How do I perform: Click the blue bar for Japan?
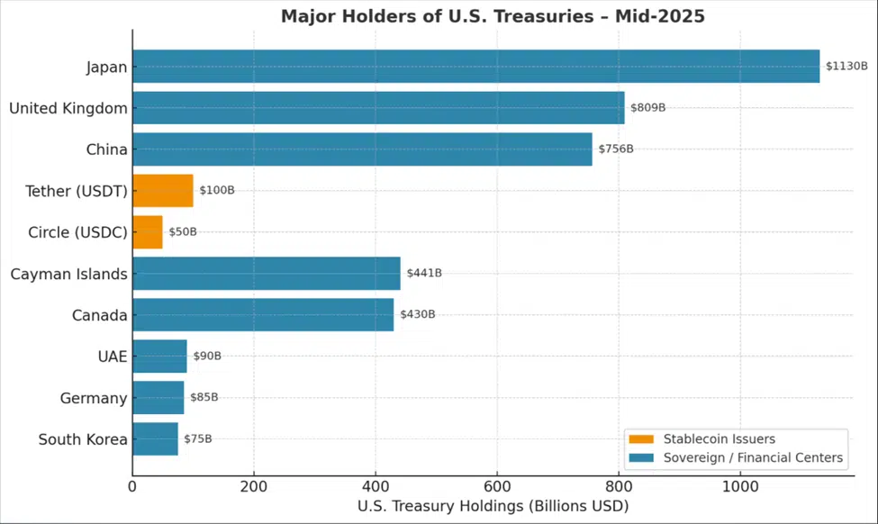coord(475,67)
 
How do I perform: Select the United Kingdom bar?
coord(378,108)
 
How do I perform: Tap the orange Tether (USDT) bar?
coord(162,191)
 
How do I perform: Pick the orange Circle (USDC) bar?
coord(147,232)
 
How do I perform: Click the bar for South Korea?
coord(155,439)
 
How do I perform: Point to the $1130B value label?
coord(847,67)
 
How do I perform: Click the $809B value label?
coord(647,108)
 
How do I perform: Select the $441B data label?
coord(424,274)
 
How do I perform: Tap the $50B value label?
coord(183,232)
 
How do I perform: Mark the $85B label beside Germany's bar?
coord(204,398)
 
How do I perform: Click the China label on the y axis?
coord(106,149)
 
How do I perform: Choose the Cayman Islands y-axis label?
coord(68,274)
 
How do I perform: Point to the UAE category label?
coord(113,357)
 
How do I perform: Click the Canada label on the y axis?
coord(99,315)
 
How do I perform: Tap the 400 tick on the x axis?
coord(376,485)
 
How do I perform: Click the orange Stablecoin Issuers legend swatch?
coord(641,439)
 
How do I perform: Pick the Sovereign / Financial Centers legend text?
coord(753,458)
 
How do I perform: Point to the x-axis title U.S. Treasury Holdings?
coord(493,507)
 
